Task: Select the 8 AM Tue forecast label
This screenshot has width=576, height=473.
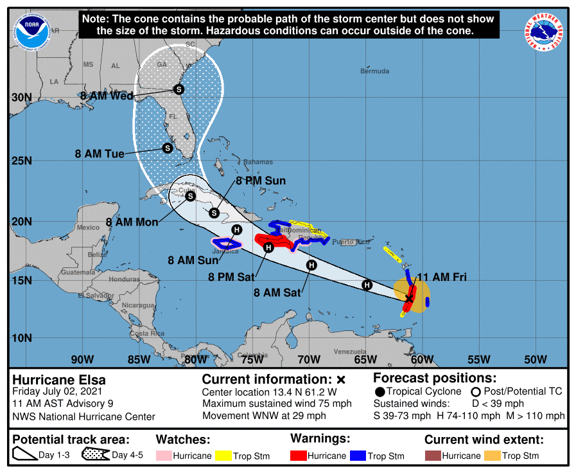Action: tap(98, 154)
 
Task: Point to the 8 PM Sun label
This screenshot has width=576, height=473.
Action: tap(261, 181)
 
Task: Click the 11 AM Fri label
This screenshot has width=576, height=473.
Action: tap(442, 277)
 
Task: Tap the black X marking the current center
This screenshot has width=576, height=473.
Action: tap(409, 298)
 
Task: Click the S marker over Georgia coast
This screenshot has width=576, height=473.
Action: tap(179, 89)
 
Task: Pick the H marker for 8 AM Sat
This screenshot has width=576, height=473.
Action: tap(311, 265)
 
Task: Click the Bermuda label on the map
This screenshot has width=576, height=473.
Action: tap(374, 71)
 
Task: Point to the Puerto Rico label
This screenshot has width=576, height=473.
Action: tap(351, 242)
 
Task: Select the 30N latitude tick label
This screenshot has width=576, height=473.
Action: tap(21, 97)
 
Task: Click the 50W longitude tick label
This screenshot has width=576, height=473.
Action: tap(536, 359)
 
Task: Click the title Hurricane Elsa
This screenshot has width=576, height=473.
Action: tap(59, 380)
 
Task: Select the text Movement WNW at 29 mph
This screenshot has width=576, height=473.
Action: tap(264, 416)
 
